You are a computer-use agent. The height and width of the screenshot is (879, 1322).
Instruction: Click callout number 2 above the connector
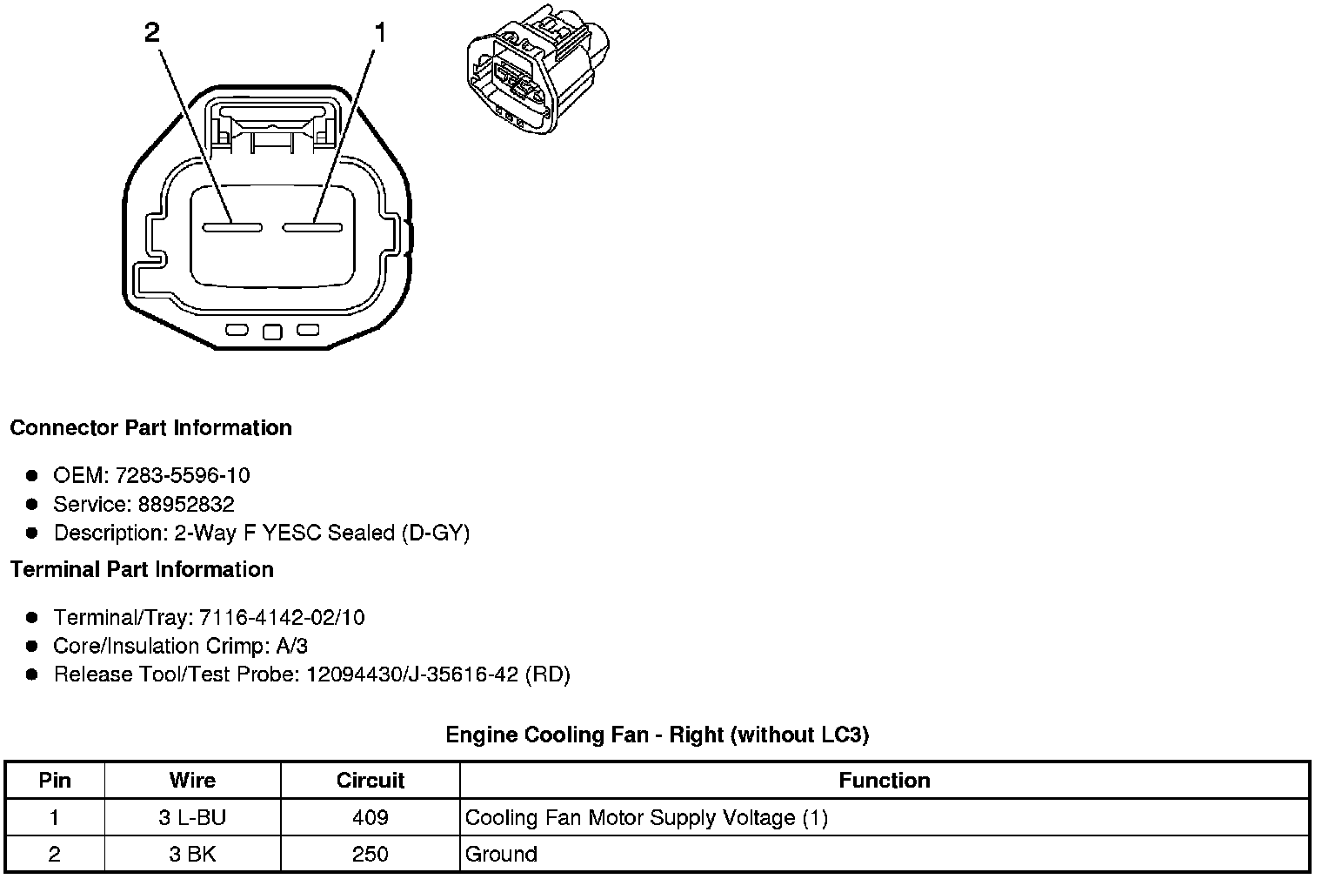(152, 33)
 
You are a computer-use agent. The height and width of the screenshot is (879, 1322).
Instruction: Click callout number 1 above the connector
(379, 33)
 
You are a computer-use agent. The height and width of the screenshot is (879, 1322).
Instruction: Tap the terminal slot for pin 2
(232, 228)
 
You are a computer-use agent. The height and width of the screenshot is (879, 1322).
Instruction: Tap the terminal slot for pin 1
(312, 228)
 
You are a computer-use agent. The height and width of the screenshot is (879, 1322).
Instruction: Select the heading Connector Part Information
(150, 428)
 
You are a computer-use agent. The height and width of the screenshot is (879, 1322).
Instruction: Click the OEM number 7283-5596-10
(182, 475)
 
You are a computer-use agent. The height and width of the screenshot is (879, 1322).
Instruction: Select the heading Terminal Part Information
(142, 570)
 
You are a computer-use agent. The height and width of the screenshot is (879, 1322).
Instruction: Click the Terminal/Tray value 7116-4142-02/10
(282, 618)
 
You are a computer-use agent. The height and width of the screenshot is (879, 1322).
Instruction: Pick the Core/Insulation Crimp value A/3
(290, 646)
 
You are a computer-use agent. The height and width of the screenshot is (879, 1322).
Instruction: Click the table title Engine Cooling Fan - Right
(657, 735)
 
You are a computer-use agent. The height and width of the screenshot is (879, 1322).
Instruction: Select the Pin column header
(55, 781)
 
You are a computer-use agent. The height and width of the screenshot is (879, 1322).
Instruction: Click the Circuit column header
(371, 781)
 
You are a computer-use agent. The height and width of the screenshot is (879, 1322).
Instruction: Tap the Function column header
(884, 781)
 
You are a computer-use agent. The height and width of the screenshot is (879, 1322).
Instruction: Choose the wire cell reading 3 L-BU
(192, 818)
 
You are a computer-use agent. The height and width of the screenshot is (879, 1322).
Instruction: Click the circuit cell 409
(371, 818)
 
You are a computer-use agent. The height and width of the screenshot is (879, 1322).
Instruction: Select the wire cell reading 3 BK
(192, 855)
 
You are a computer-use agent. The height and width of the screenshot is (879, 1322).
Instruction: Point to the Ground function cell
(501, 855)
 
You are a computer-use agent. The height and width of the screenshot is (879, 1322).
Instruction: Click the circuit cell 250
(371, 855)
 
